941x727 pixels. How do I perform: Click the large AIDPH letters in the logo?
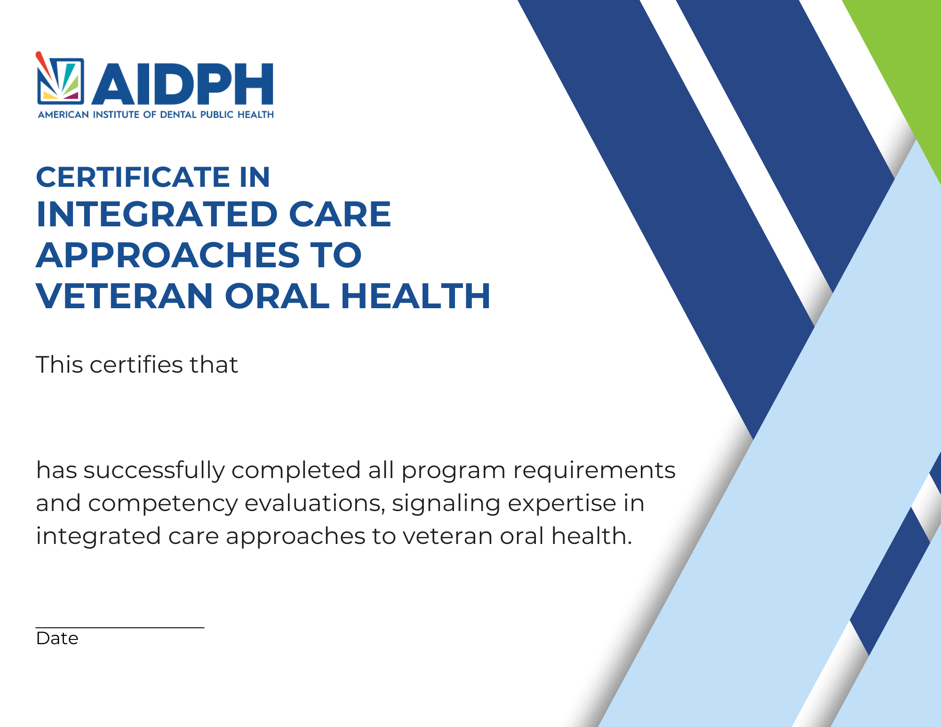click(x=183, y=84)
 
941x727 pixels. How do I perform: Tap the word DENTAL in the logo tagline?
click(x=178, y=115)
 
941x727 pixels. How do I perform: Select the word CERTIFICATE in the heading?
click(x=133, y=177)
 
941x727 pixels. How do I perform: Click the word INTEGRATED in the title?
click(x=157, y=215)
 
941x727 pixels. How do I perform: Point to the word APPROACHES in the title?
click(x=168, y=255)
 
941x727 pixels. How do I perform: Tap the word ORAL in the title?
click(x=277, y=296)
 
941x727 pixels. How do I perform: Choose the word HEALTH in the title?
click(x=415, y=296)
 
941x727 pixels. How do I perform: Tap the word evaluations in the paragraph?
click(x=315, y=503)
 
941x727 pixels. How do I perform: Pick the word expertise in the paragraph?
click(x=562, y=504)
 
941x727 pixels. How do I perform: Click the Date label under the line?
click(x=57, y=639)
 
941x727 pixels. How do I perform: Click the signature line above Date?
click(x=120, y=627)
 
